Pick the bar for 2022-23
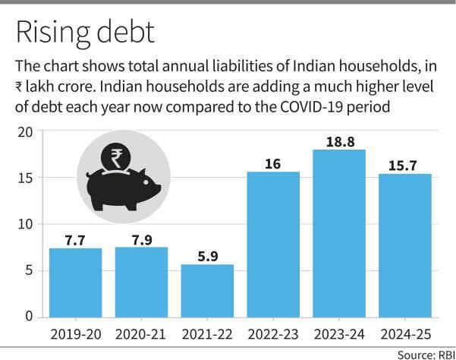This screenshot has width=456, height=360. tap(273, 244)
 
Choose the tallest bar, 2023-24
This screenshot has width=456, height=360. tap(338, 232)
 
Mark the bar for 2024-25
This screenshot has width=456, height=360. tap(404, 245)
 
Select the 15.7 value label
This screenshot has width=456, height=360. tap(404, 164)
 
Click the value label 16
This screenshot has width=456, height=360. tap(273, 162)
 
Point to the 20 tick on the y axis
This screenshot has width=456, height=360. tap(26, 131)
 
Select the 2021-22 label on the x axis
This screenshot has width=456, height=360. tap(207, 334)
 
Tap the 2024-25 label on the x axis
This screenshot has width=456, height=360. tap(404, 334)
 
